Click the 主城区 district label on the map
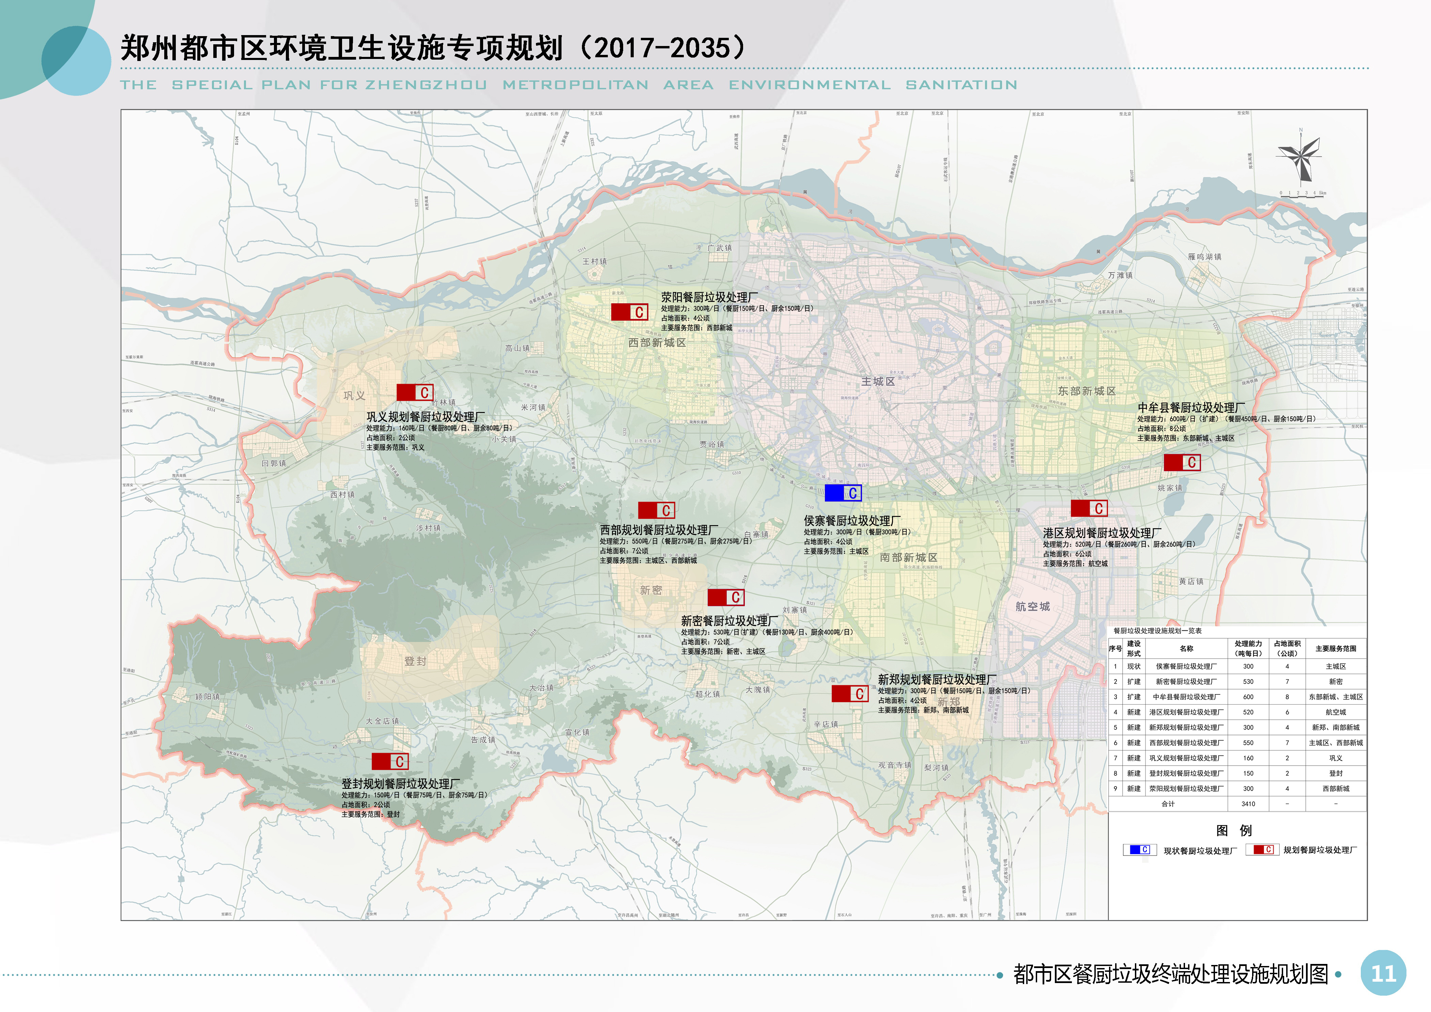tap(878, 381)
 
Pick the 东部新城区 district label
tap(1086, 391)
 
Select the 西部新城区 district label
tap(657, 343)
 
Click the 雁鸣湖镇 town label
tap(1204, 257)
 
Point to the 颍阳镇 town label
tap(207, 697)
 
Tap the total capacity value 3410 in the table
tap(1248, 804)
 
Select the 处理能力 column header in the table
tap(1248, 648)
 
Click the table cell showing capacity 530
tap(1248, 682)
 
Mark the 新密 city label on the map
tap(651, 590)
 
